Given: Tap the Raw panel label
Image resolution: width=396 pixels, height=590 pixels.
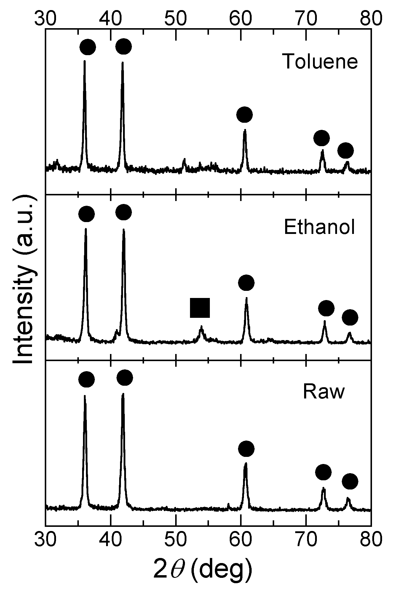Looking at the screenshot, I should [x=324, y=392].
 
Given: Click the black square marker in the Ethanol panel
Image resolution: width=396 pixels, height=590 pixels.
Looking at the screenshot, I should [x=200, y=308].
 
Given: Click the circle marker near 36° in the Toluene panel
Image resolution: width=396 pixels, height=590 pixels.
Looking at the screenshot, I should [x=88, y=47].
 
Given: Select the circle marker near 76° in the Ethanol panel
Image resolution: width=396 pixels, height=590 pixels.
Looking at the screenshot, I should [x=350, y=318].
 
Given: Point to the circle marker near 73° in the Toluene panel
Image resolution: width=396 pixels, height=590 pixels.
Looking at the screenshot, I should [x=322, y=138].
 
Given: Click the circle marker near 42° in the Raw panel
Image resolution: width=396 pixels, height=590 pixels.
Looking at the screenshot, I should [x=124, y=377].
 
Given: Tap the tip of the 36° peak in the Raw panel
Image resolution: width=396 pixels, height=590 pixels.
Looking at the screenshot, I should [x=85, y=396].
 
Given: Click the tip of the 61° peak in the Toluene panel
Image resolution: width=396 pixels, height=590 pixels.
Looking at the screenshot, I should [x=245, y=130].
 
